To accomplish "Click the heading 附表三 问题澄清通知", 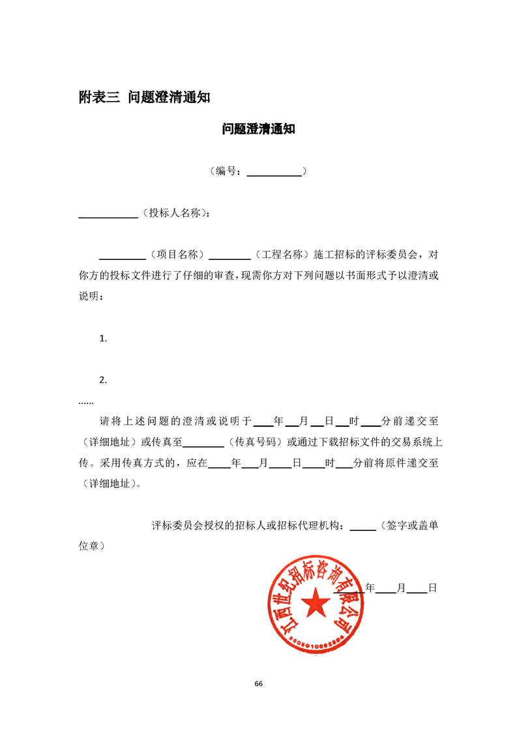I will coord(144,98).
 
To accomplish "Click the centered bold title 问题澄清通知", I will coord(258,129).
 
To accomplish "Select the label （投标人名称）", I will coord(175,213).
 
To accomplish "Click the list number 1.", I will coord(102,338).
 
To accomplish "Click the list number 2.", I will coord(102,380).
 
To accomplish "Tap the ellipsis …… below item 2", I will coord(86,401).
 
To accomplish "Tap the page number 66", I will coord(258,683).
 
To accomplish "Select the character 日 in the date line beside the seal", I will coord(432,588).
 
